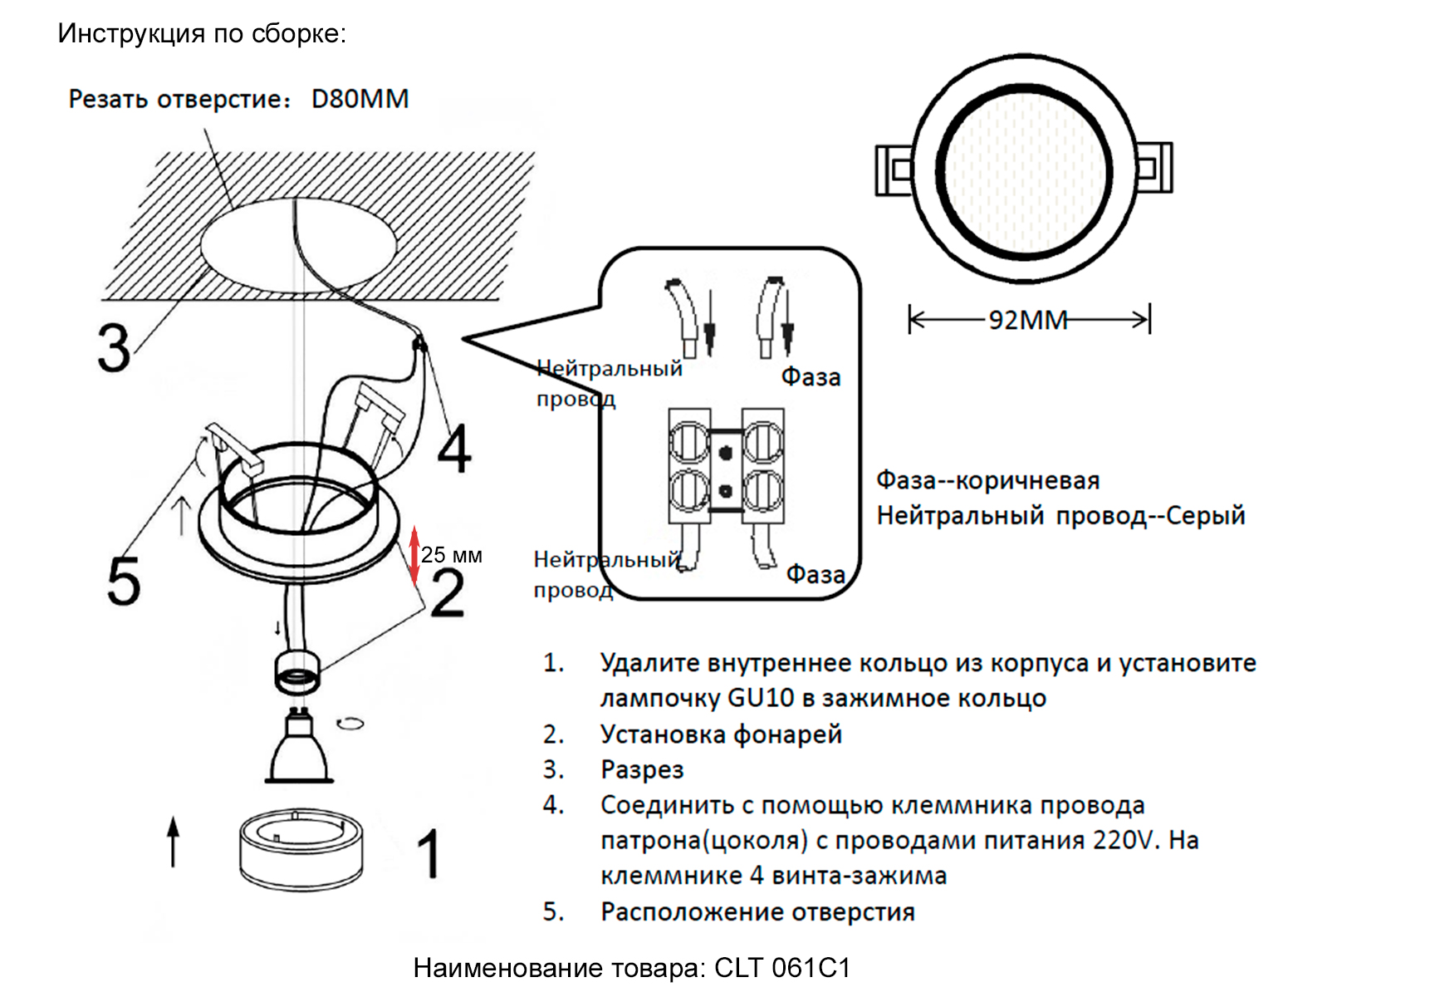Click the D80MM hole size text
pyautogui.click(x=360, y=99)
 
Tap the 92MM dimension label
pyautogui.click(x=1027, y=320)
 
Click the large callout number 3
pyautogui.click(x=114, y=348)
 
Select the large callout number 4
pyautogui.click(x=454, y=449)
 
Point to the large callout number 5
pyautogui.click(x=124, y=581)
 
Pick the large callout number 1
pyautogui.click(x=429, y=854)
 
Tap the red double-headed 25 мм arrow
pyautogui.click(x=414, y=555)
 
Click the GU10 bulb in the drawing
pyautogui.click(x=299, y=748)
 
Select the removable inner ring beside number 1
pyautogui.click(x=301, y=849)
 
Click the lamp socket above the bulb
pyautogui.click(x=297, y=671)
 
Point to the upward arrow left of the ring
pyautogui.click(x=173, y=842)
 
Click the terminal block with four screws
pyautogui.click(x=726, y=466)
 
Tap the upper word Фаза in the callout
pyautogui.click(x=811, y=377)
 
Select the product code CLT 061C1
pyautogui.click(x=782, y=968)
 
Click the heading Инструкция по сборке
pyautogui.click(x=202, y=33)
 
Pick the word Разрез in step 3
pyautogui.click(x=642, y=769)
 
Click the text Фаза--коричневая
pyautogui.click(x=987, y=480)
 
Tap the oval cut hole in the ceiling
pyautogui.click(x=299, y=245)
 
